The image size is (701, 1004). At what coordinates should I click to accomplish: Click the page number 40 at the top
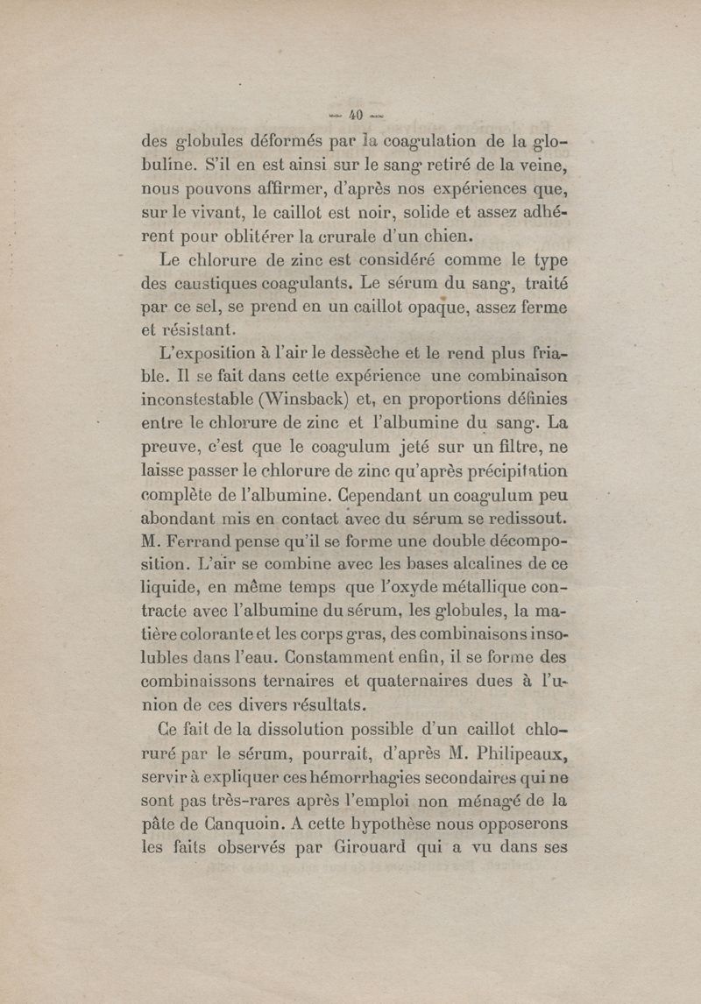click(x=356, y=114)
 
